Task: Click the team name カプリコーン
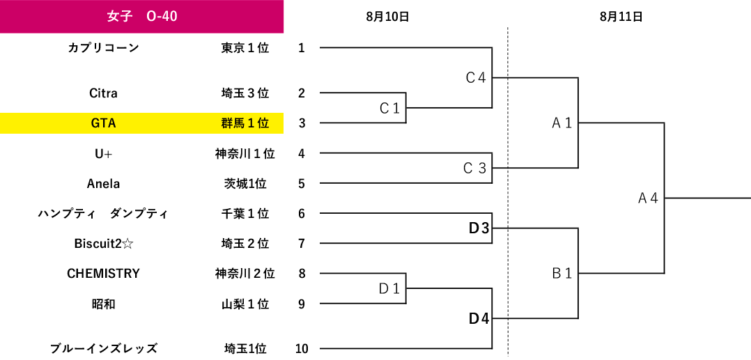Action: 103,48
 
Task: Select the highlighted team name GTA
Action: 103,123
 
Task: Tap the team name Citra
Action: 103,93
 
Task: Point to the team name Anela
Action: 103,184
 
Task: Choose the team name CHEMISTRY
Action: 103,274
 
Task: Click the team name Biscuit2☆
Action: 103,244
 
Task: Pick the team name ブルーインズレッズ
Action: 103,348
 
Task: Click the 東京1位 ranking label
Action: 245,48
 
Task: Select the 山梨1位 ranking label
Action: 245,304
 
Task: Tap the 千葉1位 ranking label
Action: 245,214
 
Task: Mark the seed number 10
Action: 302,348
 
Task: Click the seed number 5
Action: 302,184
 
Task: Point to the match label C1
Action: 389,109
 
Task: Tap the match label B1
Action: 562,274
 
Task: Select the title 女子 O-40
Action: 142,17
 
